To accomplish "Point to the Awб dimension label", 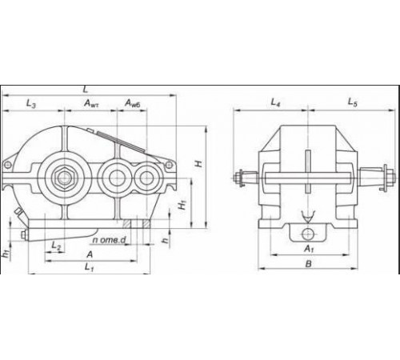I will click(133, 104).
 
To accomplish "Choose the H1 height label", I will click(183, 206).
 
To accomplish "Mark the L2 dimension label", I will click(56, 245).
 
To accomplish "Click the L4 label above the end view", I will click(275, 102).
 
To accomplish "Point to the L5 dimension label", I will click(351, 102).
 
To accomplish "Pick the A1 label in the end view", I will click(310, 249).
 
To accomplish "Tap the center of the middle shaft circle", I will click(116, 177).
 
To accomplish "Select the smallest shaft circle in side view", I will click(147, 177).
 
